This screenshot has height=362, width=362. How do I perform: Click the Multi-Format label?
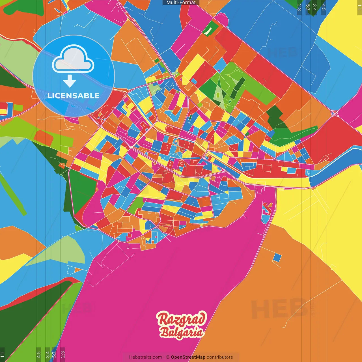[181, 3]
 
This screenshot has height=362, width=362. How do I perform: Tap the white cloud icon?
[73, 60]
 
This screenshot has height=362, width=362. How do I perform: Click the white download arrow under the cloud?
[69, 81]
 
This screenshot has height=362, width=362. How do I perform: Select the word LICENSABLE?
[74, 96]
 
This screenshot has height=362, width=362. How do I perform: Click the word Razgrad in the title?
[181, 319]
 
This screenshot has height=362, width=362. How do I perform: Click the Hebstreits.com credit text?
[145, 357]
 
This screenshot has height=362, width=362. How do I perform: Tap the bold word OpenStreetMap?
[188, 357]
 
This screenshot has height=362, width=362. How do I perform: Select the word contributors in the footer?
[220, 357]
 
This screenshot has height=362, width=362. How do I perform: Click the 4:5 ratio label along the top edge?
[324, 7]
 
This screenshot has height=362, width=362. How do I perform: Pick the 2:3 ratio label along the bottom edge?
[63, 354]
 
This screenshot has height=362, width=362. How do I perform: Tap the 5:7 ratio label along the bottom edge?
[54, 354]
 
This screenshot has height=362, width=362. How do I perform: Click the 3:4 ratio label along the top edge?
[314, 7]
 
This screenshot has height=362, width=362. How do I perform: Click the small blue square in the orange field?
[277, 257]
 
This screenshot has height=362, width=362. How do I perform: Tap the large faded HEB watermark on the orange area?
[279, 308]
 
